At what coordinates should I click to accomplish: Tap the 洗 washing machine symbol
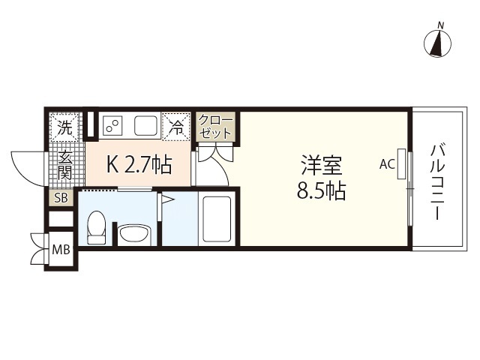pyautogui.click(x=65, y=127)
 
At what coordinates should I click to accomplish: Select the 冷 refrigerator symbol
pyautogui.click(x=177, y=127)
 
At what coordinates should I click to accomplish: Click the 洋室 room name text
pyautogui.click(x=321, y=163)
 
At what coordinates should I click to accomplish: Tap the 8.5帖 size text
pyautogui.click(x=321, y=191)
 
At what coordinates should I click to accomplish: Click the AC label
pyautogui.click(x=387, y=164)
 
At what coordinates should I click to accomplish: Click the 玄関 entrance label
pyautogui.click(x=65, y=166)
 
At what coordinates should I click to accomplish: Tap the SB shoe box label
pyautogui.click(x=60, y=199)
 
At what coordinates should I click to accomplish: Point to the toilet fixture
pyautogui.click(x=95, y=227)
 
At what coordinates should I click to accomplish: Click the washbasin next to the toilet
pyautogui.click(x=135, y=235)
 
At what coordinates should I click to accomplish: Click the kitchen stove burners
pyautogui.click(x=112, y=125)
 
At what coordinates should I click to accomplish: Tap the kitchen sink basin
pyautogui.click(x=145, y=125)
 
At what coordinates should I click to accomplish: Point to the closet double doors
pyautogui.click(x=216, y=158)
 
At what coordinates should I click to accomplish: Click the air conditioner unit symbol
pyautogui.click(x=402, y=164)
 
